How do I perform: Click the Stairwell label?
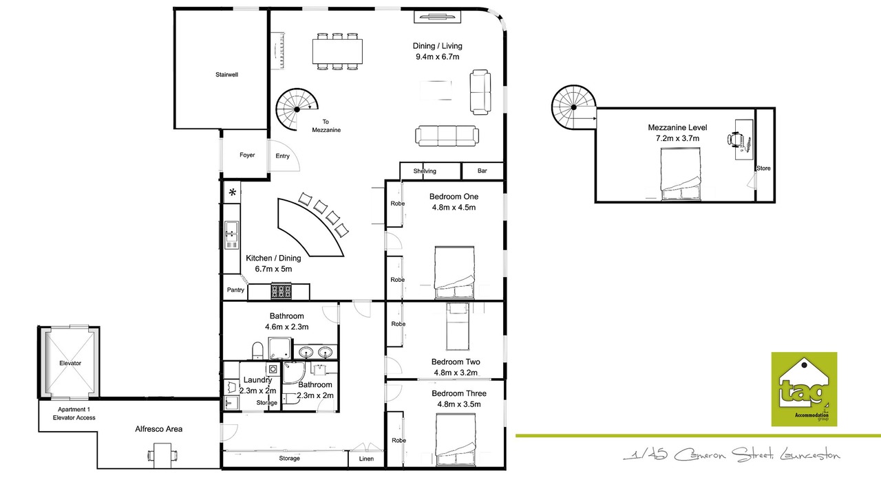(226, 75)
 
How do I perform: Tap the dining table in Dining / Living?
(337, 52)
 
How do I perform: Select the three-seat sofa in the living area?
(447, 135)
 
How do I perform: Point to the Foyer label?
(247, 155)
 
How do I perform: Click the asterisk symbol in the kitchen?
(233, 192)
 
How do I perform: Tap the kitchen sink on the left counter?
(232, 235)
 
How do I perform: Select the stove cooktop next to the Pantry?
(282, 291)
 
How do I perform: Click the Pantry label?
(235, 290)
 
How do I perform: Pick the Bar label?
(482, 171)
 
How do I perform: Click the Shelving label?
(425, 171)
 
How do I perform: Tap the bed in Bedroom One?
(455, 273)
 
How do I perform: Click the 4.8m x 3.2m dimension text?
(456, 373)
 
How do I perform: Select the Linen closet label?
(366, 459)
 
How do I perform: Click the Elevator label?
(70, 364)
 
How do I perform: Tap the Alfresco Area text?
(158, 429)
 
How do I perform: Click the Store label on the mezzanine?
(763, 168)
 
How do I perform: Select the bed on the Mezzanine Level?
(681, 174)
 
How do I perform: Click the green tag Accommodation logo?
(804, 389)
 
